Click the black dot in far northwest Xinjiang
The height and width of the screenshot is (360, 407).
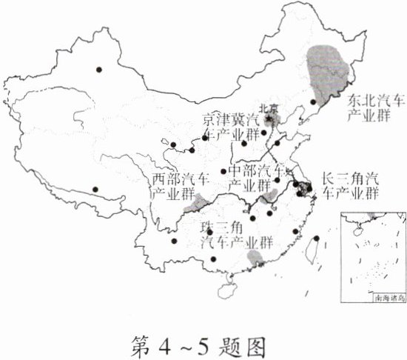pyautogui.click(x=98, y=70)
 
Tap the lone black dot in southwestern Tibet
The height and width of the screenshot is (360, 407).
pyautogui.click(x=94, y=188)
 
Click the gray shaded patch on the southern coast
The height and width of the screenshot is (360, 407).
pyautogui.click(x=258, y=257)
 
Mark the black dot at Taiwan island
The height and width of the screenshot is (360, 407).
pyautogui.click(x=316, y=239)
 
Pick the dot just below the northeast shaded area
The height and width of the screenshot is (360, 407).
pyautogui.click(x=314, y=102)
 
